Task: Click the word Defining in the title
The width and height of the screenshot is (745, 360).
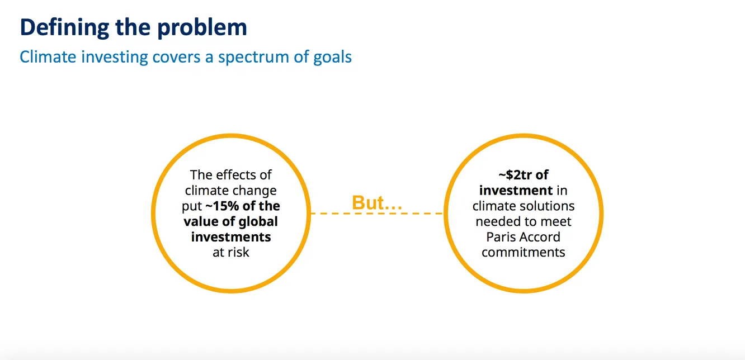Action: pos(64,28)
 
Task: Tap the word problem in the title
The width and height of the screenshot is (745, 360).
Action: pos(202,28)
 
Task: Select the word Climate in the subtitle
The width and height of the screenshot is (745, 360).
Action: pos(48,56)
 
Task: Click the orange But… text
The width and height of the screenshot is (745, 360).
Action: pos(377,202)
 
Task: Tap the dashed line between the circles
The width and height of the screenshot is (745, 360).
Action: pos(377,214)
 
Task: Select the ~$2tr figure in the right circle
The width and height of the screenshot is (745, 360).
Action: pos(515,175)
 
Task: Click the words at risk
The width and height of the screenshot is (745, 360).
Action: pos(231,252)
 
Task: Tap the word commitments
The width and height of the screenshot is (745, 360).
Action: pos(524,252)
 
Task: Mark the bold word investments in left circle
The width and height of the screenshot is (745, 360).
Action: pos(231,237)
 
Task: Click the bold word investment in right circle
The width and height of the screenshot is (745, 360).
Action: pos(516,191)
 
